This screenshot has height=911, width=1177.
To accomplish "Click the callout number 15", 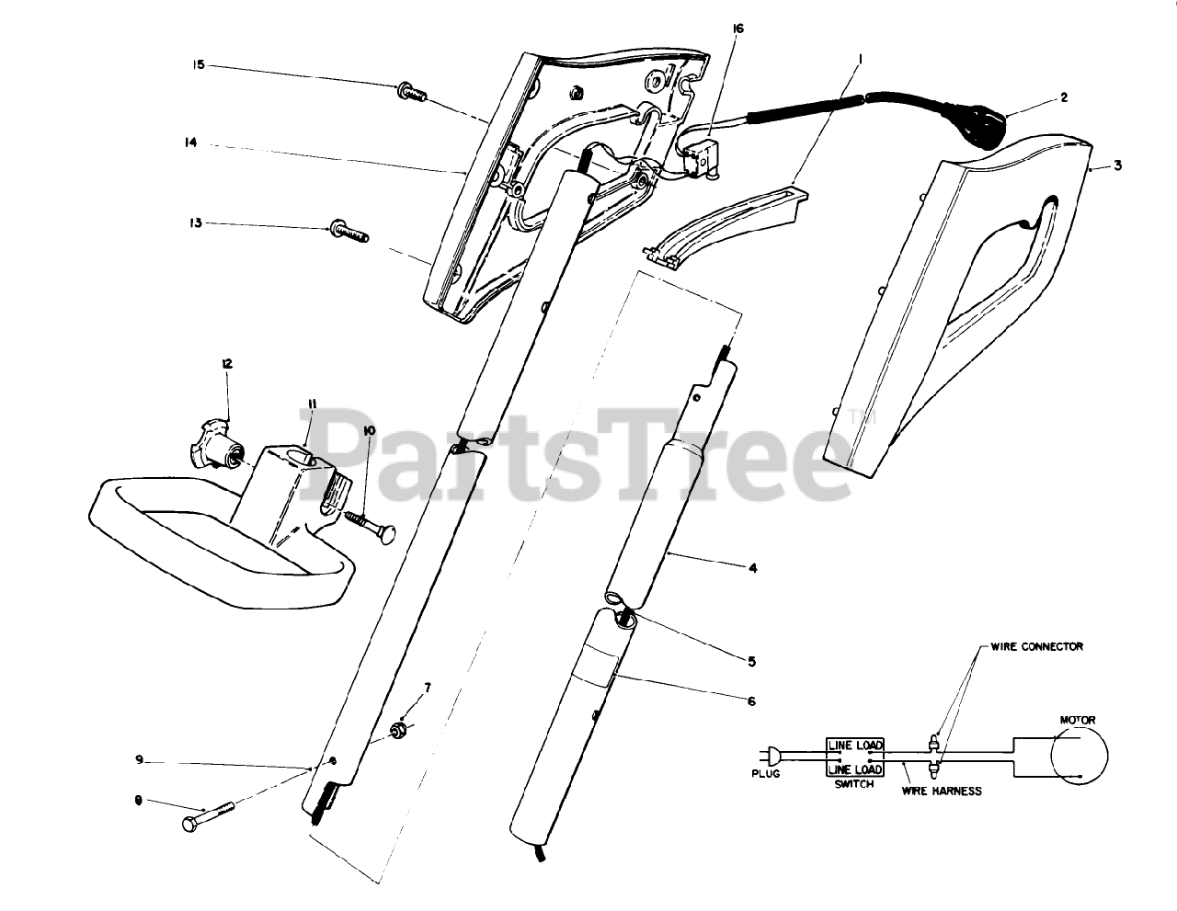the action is click(199, 65).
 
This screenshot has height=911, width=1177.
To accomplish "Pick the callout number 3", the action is click(1117, 166).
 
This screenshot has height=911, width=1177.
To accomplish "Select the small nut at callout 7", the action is click(399, 731).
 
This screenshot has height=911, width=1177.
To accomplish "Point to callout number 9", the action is click(139, 759).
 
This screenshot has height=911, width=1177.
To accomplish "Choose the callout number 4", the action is click(752, 568).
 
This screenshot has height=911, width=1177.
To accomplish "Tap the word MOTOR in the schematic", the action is click(1078, 720).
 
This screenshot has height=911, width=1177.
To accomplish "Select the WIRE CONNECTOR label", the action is click(1036, 646).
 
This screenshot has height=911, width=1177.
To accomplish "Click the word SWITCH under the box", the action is click(853, 785).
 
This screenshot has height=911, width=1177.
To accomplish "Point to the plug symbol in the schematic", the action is click(774, 756).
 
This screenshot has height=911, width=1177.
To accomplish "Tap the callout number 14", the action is click(190, 143).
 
